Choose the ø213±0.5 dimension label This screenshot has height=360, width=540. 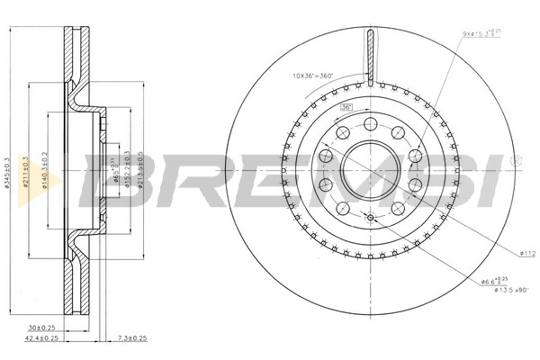coord(141,171)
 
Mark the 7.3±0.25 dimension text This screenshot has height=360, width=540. coord(133,339)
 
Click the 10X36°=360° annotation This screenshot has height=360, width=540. coord(312,75)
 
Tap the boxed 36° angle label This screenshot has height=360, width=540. coord(346,108)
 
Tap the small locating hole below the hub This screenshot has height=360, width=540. coord(369,219)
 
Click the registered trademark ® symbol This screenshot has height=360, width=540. coord(515,160)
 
